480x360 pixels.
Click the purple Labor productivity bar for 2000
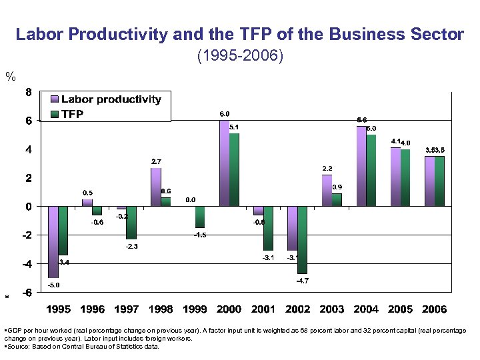pos(224,163)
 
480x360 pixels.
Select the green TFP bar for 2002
pos(302,240)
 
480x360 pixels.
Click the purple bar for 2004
pos(361,166)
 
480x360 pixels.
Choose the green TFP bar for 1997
pos(131,223)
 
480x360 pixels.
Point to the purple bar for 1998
pos(155,187)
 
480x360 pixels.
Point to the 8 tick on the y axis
pos(28,92)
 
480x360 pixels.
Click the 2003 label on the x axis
pos(332,309)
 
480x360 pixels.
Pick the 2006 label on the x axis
pos(434,309)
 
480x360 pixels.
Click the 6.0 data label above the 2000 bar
pos(225,115)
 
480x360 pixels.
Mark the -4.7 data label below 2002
pos(302,281)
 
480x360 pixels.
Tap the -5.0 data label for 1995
pos(53,285)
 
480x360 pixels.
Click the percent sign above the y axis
pos(10,77)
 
